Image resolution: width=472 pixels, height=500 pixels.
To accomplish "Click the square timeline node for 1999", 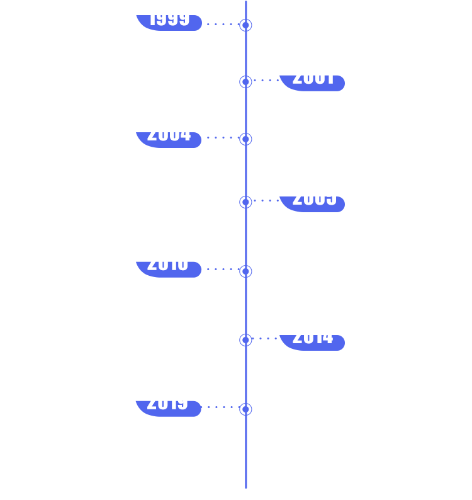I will point(245,25).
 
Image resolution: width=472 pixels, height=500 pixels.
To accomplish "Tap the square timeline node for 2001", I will point(245,82).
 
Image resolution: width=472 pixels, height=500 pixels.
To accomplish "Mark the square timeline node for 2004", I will point(245,139).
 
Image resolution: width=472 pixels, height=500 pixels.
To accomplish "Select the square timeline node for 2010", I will point(245,271).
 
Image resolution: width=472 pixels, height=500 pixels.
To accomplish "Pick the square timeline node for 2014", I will point(245,340).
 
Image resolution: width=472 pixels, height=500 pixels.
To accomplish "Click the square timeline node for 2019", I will point(245,409).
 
